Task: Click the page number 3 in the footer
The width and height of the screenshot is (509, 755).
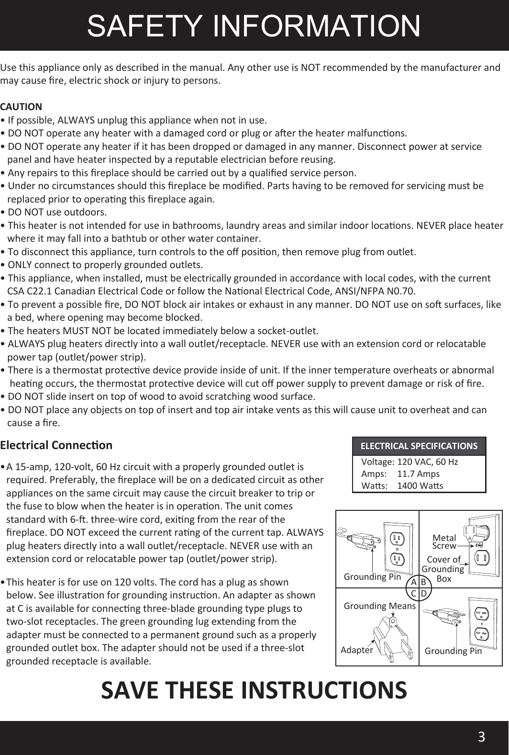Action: pos(481,736)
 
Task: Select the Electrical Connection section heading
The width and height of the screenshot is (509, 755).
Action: pos(56,445)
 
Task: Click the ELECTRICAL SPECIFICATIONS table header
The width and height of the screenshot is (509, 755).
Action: pos(419,446)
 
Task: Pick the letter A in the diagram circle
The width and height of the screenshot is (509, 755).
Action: pos(414,583)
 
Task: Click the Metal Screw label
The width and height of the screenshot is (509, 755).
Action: pos(444,541)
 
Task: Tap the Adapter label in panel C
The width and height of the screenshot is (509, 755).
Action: pos(356,650)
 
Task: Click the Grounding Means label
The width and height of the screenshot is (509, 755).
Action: pos(380,606)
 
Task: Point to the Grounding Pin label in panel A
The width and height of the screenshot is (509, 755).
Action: pos(372,577)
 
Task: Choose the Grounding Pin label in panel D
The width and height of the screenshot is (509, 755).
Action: pos(453,651)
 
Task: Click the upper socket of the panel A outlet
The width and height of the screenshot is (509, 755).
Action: pos(397,539)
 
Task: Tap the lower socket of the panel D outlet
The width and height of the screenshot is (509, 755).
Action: pos(482,635)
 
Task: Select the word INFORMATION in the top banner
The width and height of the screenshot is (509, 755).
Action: pos(317,26)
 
